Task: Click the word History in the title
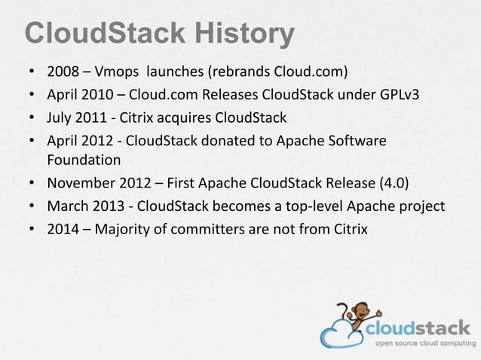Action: click(x=244, y=34)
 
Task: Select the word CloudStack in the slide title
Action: click(x=105, y=34)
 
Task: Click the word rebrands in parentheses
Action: click(x=240, y=74)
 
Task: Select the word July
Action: click(x=60, y=117)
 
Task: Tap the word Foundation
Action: click(x=84, y=160)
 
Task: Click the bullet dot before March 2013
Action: click(x=31, y=205)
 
